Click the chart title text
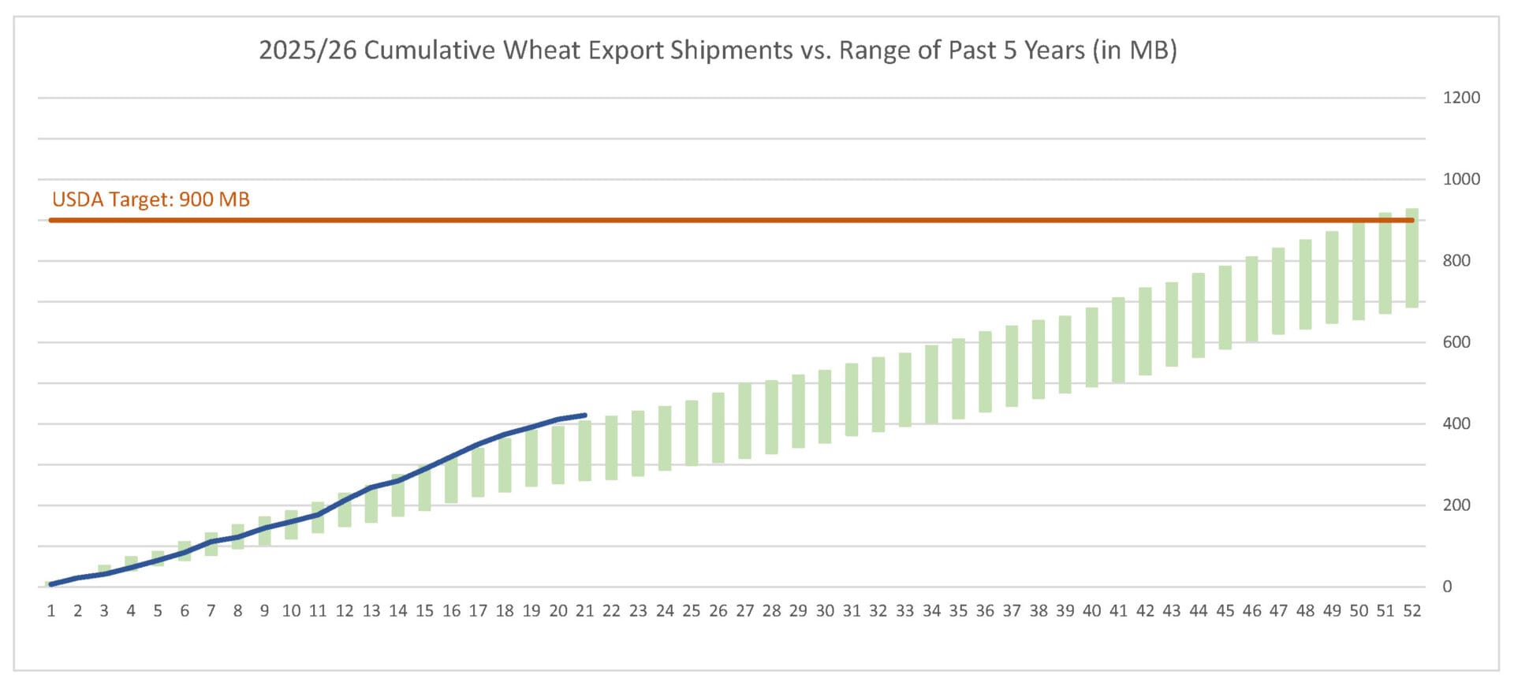tap(718, 50)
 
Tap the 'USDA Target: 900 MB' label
tap(151, 199)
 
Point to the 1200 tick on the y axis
tap(1461, 98)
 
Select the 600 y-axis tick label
tap(1456, 342)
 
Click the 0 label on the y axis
tap(1447, 587)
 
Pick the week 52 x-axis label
tap(1411, 611)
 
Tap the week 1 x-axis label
tap(51, 611)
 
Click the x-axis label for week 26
tap(718, 611)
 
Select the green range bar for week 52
tap(1411, 258)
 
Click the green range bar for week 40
tap(1092, 347)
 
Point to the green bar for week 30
tap(825, 406)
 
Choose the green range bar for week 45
tap(1225, 308)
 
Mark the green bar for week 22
tap(611, 447)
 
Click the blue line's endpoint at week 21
tap(584, 415)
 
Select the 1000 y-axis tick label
tap(1461, 179)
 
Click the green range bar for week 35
tap(958, 378)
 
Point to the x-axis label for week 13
tap(371, 611)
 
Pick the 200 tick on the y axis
tap(1456, 505)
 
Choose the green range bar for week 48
tap(1305, 284)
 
